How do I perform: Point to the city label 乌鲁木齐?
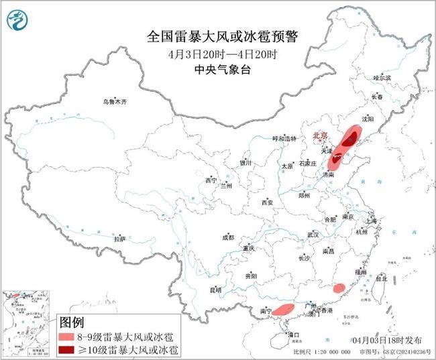[114, 102]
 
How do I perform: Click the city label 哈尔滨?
[382, 78]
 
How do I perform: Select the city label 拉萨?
[120, 239]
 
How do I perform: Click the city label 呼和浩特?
[274, 138]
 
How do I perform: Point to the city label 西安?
[268, 202]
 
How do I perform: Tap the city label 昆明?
[215, 290]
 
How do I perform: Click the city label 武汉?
[313, 235]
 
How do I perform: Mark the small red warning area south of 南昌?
[339, 288]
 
